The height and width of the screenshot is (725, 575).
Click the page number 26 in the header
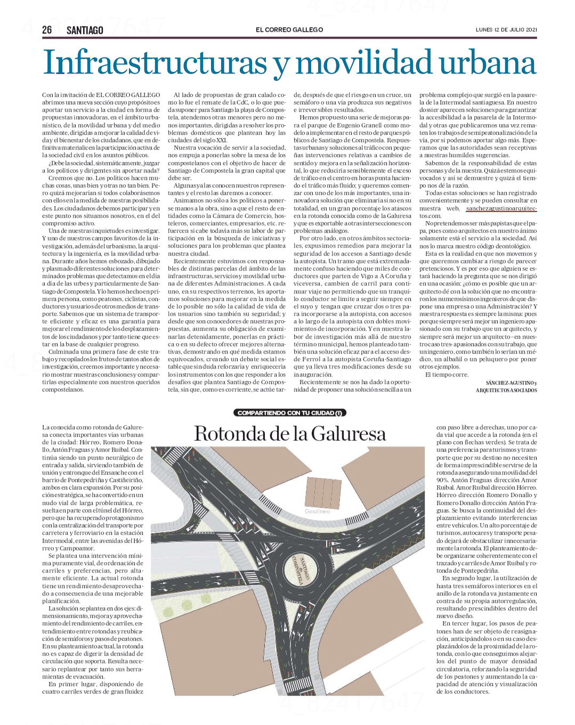click(x=47, y=30)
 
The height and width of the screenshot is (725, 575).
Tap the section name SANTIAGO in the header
click(x=85, y=30)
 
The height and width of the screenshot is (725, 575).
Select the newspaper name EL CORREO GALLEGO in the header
click(x=289, y=30)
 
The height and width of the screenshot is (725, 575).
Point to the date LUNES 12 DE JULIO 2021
click(x=506, y=30)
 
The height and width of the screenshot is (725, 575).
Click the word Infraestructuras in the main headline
click(x=155, y=63)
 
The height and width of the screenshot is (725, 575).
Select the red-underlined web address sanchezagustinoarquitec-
click(x=501, y=208)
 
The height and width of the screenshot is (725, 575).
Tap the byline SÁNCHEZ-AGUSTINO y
click(x=511, y=383)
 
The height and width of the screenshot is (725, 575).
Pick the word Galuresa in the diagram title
click(x=349, y=434)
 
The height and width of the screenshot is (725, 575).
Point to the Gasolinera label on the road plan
click(x=318, y=511)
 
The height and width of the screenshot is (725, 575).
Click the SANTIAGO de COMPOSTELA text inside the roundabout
click(x=302, y=571)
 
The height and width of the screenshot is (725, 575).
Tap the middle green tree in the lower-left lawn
click(x=187, y=605)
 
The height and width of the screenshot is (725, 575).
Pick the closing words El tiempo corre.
click(x=447, y=374)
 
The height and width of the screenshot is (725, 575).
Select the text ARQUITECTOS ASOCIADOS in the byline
click(x=506, y=390)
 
